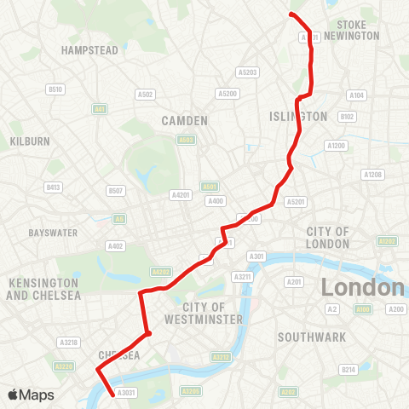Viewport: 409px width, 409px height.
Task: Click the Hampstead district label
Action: (89, 51)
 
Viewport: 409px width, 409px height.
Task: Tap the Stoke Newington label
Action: (358, 31)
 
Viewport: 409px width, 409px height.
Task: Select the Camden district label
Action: (184, 121)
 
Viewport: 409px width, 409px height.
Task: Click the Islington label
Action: (297, 116)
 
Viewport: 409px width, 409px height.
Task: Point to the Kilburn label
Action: (29, 140)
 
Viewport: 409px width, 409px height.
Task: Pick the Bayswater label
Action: (53, 233)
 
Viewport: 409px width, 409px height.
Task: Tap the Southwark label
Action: (312, 337)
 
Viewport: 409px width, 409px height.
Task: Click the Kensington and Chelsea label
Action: (43, 289)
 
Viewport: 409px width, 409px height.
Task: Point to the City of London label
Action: (327, 238)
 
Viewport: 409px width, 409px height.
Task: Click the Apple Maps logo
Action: (31, 395)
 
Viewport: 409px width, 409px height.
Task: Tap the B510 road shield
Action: (55, 89)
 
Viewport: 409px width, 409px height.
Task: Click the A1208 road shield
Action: (372, 174)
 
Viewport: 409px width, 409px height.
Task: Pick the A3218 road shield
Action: (69, 343)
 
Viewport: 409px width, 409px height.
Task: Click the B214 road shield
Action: (348, 370)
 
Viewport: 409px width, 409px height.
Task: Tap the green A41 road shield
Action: (101, 109)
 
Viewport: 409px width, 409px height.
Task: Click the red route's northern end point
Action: (291, 15)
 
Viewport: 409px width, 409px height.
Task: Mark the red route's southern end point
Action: (114, 394)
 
